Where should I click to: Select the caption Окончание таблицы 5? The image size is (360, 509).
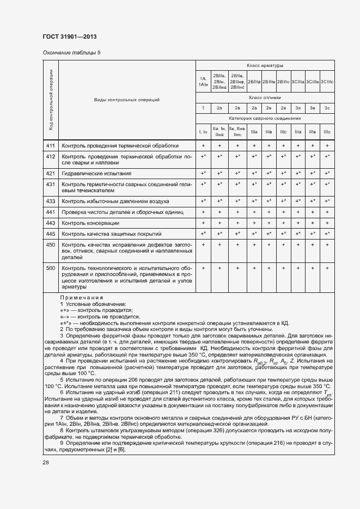click(71, 53)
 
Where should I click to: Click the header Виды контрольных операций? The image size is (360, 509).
click(126, 100)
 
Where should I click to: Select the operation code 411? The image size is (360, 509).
click(50, 146)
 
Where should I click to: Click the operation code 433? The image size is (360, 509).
click(50, 201)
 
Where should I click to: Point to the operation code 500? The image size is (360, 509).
click(50, 268)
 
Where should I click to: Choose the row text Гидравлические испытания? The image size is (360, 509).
click(96, 173)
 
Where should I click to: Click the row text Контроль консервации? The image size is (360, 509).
click(90, 223)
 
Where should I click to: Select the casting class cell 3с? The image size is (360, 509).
click(327, 108)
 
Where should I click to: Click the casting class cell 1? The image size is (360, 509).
click(203, 108)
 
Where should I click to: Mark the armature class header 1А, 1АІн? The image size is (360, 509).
click(203, 81)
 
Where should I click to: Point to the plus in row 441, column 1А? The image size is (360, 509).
click(203, 212)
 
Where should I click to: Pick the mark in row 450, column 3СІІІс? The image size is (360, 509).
click(327, 245)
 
